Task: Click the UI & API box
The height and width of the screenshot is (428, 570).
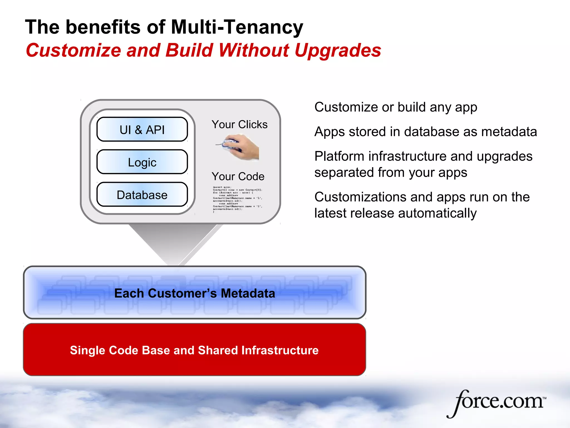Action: point(142,130)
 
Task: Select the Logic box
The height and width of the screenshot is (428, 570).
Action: point(142,162)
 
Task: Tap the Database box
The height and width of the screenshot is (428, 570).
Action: point(142,195)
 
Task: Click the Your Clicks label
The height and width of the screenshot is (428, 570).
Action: point(239,124)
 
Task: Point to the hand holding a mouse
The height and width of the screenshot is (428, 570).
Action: point(239,147)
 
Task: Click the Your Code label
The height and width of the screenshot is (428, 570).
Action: point(238,176)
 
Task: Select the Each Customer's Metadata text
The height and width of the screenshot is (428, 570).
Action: point(194,293)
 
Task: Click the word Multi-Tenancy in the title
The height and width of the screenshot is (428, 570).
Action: point(237,27)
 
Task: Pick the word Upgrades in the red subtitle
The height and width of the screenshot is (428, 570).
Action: point(337,50)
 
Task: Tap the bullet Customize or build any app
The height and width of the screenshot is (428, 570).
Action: point(395,107)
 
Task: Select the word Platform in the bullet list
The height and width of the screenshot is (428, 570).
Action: point(339,156)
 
